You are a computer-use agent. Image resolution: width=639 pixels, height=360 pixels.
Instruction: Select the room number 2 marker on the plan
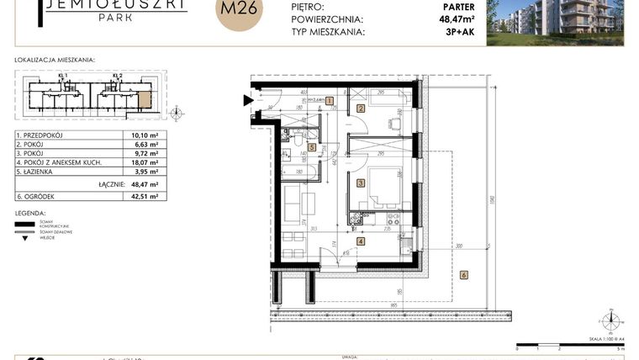[x=361, y=109]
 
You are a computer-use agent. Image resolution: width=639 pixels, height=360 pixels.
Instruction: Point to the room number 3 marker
[x=361, y=183]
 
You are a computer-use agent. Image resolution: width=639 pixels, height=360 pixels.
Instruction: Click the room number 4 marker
[x=361, y=241]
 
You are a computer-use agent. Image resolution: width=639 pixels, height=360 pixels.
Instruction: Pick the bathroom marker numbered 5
[x=312, y=148]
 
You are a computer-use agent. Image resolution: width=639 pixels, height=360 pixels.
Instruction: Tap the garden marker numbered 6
[x=463, y=274]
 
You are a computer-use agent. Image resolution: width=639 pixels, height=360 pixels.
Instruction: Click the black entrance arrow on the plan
[x=248, y=101]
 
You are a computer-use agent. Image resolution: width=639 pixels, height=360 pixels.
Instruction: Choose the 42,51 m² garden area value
[x=145, y=196]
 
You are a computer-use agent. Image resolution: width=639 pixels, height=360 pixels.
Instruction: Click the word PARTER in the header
[x=457, y=6]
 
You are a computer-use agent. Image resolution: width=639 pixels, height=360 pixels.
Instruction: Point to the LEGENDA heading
[x=30, y=213]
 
